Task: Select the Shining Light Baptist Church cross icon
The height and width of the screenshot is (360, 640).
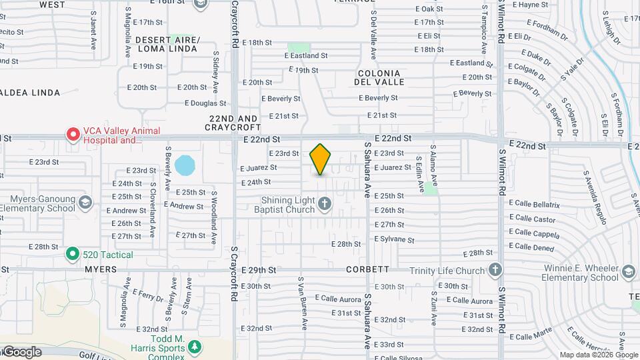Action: tap(325, 203)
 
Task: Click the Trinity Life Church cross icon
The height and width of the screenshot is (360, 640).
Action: tap(494, 270)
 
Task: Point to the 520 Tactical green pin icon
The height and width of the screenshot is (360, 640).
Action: tap(72, 254)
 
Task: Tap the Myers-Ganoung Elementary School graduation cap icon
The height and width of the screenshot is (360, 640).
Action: tap(85, 201)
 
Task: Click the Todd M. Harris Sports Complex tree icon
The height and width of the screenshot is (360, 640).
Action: tap(194, 347)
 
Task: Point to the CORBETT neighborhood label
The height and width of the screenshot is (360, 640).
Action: tap(367, 270)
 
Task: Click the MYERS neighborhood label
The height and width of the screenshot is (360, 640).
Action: tap(101, 270)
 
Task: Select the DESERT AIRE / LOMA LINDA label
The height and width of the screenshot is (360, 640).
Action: tap(167, 45)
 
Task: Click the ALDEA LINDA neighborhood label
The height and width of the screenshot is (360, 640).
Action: tap(31, 93)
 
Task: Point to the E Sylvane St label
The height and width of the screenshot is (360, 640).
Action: tap(395, 239)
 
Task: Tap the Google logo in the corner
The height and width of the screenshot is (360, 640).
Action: tap(22, 352)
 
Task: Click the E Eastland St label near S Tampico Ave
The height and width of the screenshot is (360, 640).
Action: tap(471, 63)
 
